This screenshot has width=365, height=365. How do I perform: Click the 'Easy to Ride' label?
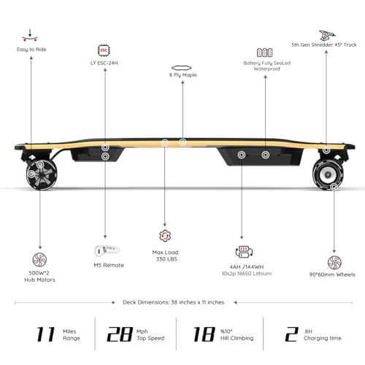[31, 50]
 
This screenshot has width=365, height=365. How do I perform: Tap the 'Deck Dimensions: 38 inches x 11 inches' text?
[182, 301]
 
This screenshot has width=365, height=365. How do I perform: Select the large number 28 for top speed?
[118, 334]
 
